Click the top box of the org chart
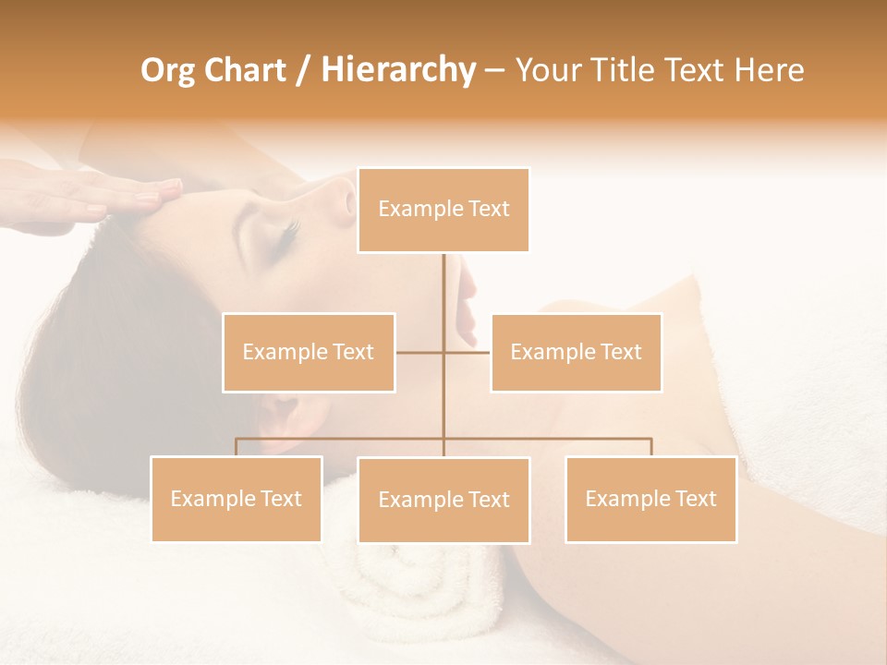[443, 210]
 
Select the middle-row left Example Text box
[309, 352]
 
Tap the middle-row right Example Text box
[576, 352]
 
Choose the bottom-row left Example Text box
[237, 499]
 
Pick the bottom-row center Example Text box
[443, 500]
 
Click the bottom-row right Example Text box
[650, 499]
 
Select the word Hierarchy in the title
[397, 70]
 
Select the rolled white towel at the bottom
[425, 591]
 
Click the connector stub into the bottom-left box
[237, 447]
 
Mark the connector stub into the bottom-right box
[650, 447]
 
